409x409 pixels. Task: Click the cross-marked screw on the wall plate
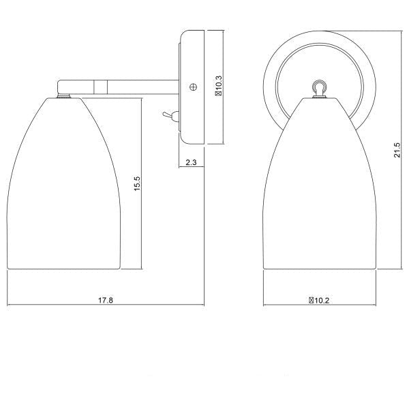pos(193,87)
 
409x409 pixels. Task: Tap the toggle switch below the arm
pos(168,117)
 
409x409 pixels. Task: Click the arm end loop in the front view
pos(318,86)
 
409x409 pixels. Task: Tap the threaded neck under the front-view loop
pos(318,95)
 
